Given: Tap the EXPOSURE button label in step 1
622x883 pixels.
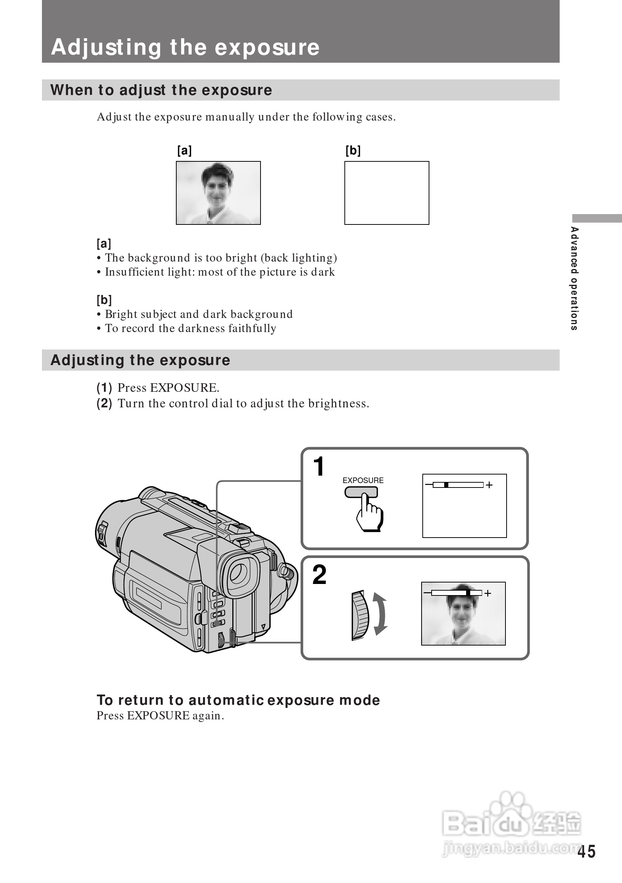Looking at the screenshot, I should tap(363, 480).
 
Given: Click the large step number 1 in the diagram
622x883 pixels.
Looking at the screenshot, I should tap(318, 466).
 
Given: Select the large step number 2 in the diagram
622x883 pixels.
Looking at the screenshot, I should tap(319, 575).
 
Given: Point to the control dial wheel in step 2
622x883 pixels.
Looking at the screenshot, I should tap(360, 616).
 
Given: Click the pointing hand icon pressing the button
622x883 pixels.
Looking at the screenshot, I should tap(369, 513).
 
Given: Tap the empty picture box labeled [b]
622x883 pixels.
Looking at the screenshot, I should tap(387, 193).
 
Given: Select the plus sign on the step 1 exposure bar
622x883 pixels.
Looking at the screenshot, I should tap(489, 485).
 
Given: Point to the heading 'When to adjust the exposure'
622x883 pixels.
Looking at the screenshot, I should tap(161, 90).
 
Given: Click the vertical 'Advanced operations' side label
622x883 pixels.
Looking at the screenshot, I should tap(574, 278).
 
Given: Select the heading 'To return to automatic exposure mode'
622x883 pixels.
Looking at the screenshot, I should tap(238, 700).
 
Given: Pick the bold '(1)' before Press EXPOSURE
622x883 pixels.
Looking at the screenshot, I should tap(104, 388).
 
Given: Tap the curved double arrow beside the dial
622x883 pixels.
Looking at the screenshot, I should tap(380, 614).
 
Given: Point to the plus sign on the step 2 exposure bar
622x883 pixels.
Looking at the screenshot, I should tap(488, 593).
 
